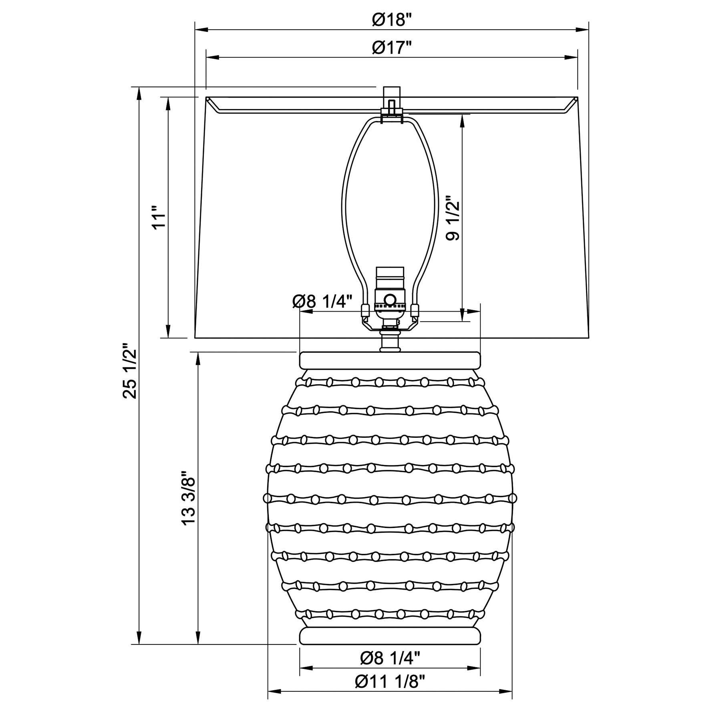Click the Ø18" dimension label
point(391,19)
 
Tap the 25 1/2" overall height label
point(130,370)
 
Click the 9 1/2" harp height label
point(453,218)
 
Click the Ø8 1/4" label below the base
point(390,657)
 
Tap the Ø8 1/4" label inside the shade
point(322,301)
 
